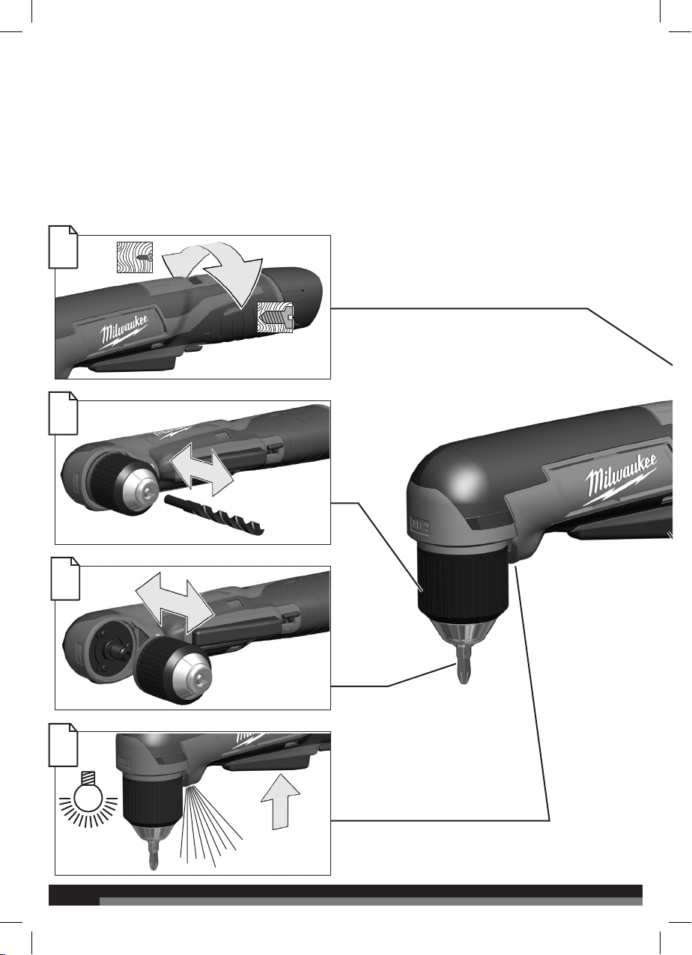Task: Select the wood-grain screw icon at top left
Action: [x=135, y=257]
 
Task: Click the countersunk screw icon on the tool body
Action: [x=275, y=317]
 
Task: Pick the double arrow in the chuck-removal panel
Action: [x=173, y=602]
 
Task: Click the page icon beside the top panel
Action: [x=63, y=247]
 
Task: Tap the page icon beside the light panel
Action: [x=63, y=745]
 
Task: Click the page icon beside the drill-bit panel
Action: [x=63, y=414]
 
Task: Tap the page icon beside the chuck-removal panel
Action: [x=65, y=579]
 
